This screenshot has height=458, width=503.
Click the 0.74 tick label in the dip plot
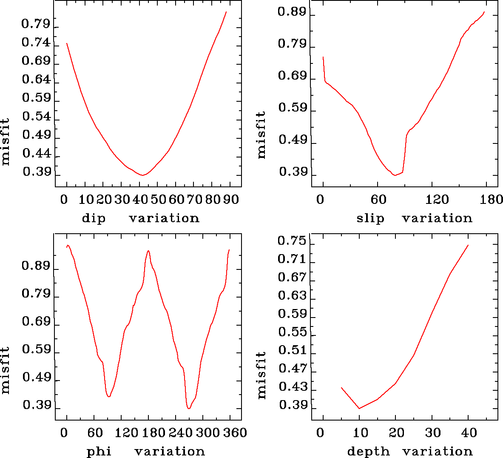point(36,43)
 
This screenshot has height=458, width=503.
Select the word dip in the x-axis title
point(94,218)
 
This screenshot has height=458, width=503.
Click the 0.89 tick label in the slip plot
point(292,12)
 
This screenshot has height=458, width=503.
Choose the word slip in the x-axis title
point(370,218)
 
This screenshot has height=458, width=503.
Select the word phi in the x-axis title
point(99,451)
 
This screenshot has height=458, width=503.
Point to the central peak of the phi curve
point(148,251)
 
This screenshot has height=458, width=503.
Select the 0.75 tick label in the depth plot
point(292,241)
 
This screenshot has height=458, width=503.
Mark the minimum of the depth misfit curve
point(359,408)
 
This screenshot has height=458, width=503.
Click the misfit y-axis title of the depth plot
point(261,375)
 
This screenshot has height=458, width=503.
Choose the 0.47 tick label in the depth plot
point(293,368)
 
